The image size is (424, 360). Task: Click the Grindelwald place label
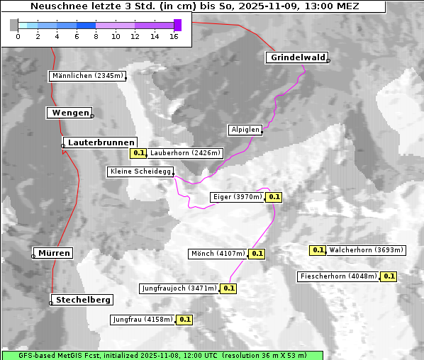click(x=297, y=57)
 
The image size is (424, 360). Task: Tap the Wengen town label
click(x=69, y=113)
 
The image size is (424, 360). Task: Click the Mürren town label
click(x=54, y=253)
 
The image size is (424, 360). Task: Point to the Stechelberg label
click(x=81, y=300)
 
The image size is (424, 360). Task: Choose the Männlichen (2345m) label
click(x=88, y=76)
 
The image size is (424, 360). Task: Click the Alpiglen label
click(x=245, y=130)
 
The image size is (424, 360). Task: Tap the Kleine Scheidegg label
click(x=140, y=171)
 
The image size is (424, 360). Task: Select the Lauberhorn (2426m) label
click(x=186, y=152)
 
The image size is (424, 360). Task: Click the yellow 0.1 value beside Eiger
click(x=274, y=197)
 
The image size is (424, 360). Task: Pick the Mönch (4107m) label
click(x=218, y=254)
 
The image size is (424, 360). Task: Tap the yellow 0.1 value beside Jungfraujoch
click(x=229, y=288)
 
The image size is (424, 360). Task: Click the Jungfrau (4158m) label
click(x=143, y=320)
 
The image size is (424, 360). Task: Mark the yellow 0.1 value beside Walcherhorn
click(x=318, y=250)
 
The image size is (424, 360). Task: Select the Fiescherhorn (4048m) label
click(x=339, y=276)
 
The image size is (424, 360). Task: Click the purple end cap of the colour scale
click(x=177, y=25)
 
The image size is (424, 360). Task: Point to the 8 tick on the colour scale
click(x=96, y=36)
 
